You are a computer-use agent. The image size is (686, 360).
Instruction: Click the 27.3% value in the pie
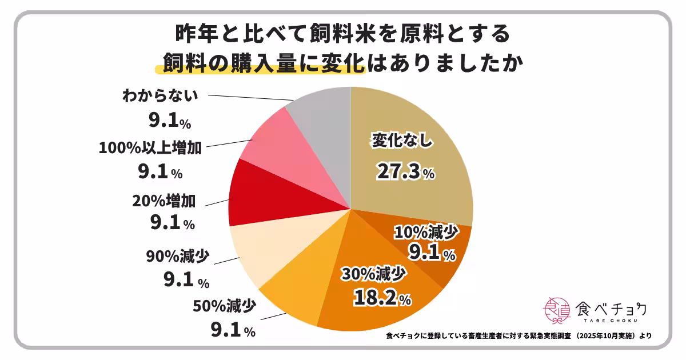pos(405,171)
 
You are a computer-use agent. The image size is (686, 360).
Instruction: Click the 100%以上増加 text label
pos(150,149)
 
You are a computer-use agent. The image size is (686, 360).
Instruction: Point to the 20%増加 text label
pos(164,201)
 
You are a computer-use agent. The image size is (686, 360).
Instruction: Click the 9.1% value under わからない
pos(169,121)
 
